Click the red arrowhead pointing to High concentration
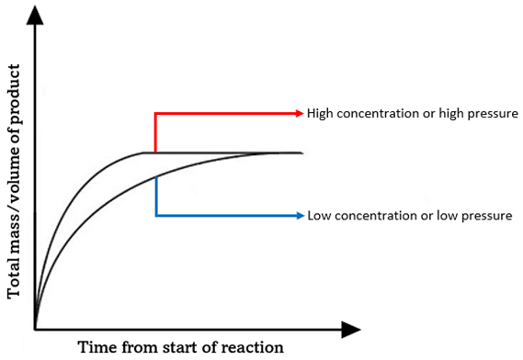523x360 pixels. [x=298, y=113]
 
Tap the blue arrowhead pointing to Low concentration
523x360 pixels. [x=298, y=216]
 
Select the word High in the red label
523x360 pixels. [x=321, y=113]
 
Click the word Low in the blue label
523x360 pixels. [x=317, y=216]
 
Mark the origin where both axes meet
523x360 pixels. [x=35, y=327]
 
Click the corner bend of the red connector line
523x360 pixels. [x=156, y=113]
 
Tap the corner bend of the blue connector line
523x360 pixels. [x=156, y=216]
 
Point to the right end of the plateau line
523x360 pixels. [x=301, y=152]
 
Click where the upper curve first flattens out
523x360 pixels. [x=144, y=152]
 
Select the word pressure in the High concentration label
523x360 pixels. [x=491, y=113]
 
